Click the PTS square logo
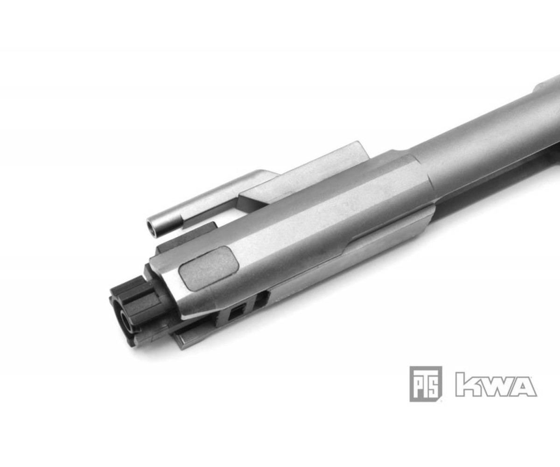tap(425, 384)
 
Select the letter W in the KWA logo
tap(491, 384)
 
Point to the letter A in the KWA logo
tap(523, 384)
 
